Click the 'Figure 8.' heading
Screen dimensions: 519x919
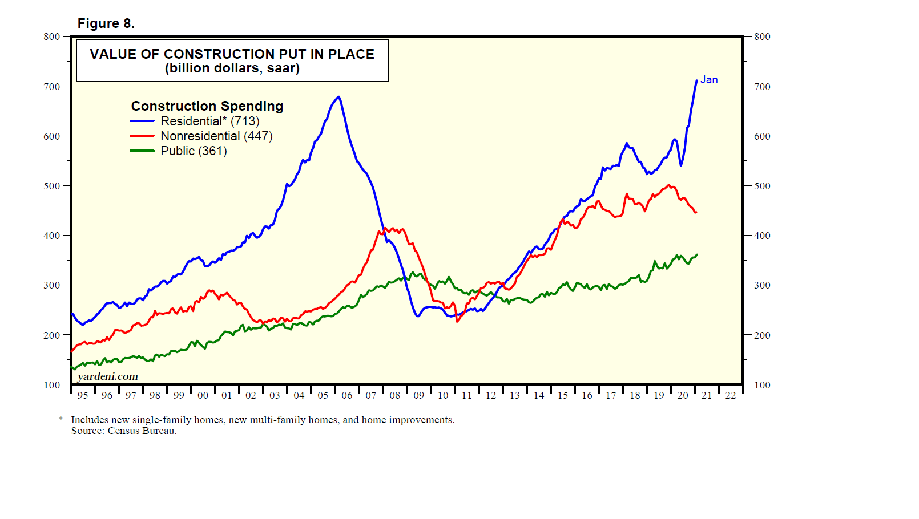coord(106,23)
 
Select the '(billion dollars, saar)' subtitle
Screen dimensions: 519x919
coord(232,68)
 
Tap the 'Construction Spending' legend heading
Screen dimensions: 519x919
coord(207,106)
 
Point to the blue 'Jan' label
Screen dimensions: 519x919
coord(709,80)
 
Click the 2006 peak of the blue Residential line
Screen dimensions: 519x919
coord(339,97)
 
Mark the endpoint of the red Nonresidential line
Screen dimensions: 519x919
coord(696,213)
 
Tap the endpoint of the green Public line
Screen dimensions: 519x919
coord(697,254)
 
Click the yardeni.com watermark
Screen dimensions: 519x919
coord(108,376)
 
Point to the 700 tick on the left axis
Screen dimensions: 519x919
coord(52,87)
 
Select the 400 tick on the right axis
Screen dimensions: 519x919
coord(762,236)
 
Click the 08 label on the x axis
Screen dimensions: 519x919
coord(395,395)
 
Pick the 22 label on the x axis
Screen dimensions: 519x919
coord(731,395)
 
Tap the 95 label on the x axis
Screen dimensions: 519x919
coord(83,395)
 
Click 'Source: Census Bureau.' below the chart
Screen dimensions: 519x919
coord(124,431)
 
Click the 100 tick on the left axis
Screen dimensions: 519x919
coord(52,385)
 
